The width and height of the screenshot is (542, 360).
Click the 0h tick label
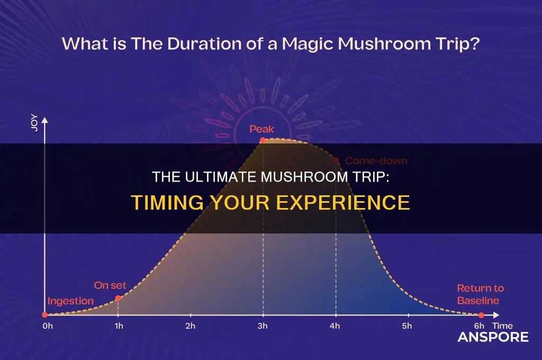[x=48, y=326]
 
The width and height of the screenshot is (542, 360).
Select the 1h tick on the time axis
[x=119, y=326]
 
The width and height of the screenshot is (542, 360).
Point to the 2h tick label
[x=190, y=326]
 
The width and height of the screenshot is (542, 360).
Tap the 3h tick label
[x=263, y=326]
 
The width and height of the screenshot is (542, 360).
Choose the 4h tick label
[x=335, y=326]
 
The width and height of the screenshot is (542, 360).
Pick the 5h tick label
[x=406, y=326]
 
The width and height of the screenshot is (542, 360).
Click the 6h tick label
[x=480, y=326]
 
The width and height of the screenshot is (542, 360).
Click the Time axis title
[x=502, y=326]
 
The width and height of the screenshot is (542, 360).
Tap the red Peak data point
[x=263, y=140]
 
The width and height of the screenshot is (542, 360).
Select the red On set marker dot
[x=118, y=298]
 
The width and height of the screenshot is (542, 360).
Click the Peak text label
[x=263, y=128]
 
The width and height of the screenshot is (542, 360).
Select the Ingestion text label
[x=71, y=301]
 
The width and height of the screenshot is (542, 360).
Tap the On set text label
[x=110, y=285]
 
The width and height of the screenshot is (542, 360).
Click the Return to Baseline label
[x=481, y=294]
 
